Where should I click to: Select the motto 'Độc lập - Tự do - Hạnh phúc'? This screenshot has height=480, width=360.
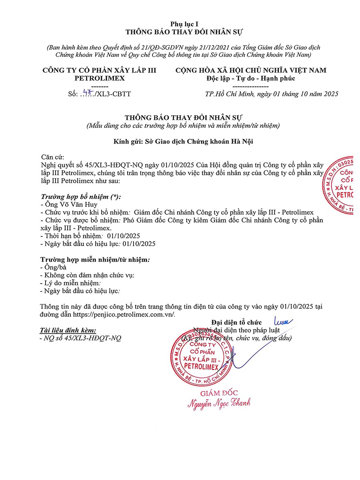pos(250,78)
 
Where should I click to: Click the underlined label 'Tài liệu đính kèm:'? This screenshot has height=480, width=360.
pos(68,330)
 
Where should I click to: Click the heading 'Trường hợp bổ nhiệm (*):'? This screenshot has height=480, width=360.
pos(81,197)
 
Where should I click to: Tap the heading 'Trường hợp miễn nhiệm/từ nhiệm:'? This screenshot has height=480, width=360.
pos(95,260)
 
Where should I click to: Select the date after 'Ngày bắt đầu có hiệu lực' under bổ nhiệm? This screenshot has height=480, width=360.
pos(139,244)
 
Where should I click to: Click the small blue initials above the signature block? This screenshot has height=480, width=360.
pos(283,321)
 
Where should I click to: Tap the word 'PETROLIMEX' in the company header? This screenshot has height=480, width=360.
pos(100,78)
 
